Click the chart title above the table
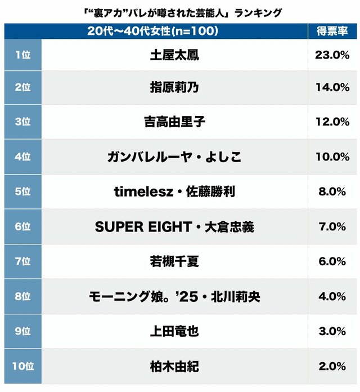(x=180, y=12)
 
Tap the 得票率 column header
(x=332, y=32)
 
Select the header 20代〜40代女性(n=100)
(x=152, y=32)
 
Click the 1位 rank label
(x=22, y=55)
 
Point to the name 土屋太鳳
(x=174, y=55)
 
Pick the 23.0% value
(x=332, y=55)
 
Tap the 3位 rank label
(x=22, y=122)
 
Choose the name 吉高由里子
(x=174, y=122)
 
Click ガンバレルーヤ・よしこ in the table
(x=174, y=157)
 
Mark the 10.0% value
(x=332, y=157)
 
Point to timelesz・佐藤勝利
(x=174, y=191)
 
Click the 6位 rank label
(x=22, y=226)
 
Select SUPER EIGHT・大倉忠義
(x=174, y=226)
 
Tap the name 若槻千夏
(x=174, y=261)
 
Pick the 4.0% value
(x=332, y=296)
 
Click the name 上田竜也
(x=174, y=331)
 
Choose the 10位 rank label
(x=23, y=366)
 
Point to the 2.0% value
(x=332, y=366)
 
